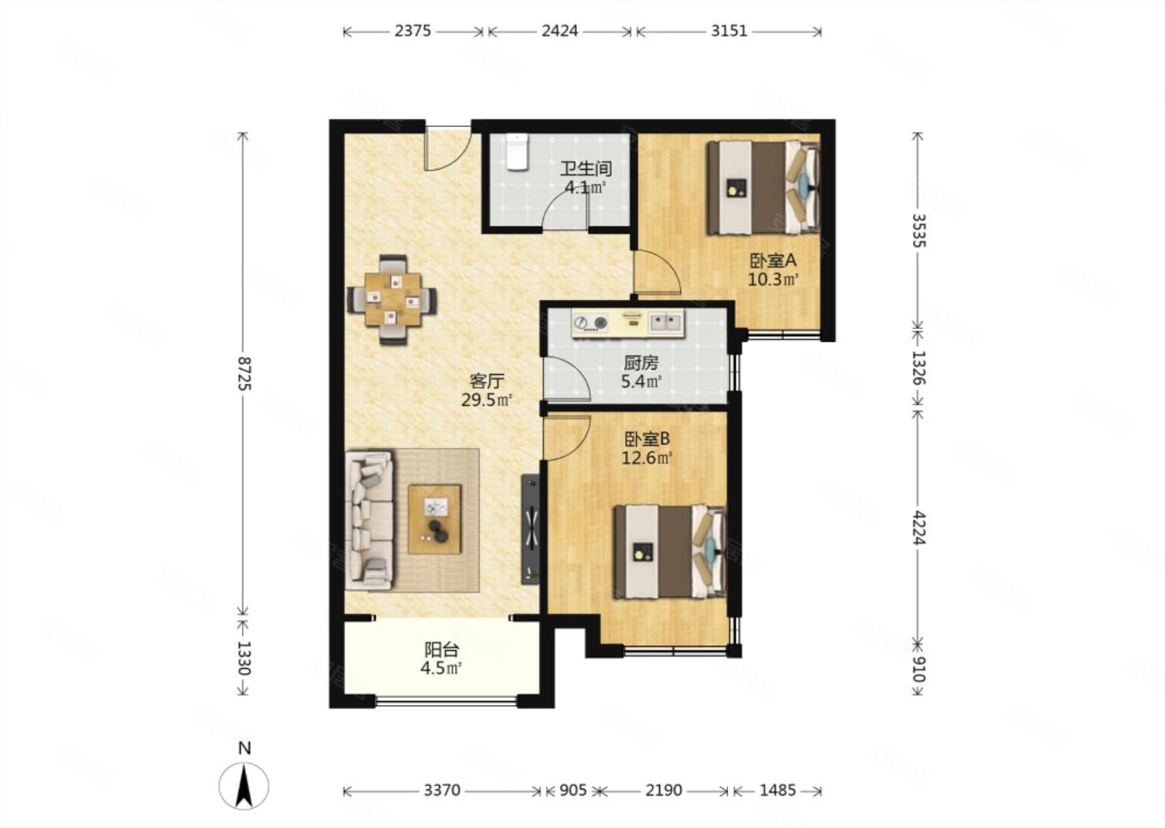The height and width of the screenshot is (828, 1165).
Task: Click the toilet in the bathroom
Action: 517,151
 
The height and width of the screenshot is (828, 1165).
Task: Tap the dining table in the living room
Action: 393,300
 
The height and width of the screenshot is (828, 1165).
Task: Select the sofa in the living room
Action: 369,520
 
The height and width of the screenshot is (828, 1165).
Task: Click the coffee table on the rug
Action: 434,520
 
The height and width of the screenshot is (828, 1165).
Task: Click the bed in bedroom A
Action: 762,188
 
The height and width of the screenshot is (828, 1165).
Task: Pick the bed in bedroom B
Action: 670,552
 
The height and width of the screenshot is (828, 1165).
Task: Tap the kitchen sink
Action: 665,322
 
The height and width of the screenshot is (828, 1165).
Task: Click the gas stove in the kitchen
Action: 591,323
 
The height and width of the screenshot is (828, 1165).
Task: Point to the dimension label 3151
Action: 729,32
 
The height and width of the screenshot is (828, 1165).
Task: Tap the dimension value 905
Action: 573,791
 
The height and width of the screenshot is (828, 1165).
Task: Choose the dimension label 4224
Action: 919,527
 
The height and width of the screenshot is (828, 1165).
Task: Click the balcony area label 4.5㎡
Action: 441,669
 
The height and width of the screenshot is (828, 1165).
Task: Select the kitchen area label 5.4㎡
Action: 642,382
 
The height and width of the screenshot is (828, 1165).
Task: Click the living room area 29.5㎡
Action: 487,400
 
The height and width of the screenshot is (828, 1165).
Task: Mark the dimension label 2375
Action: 413,32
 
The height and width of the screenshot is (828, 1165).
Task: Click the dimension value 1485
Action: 777,791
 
